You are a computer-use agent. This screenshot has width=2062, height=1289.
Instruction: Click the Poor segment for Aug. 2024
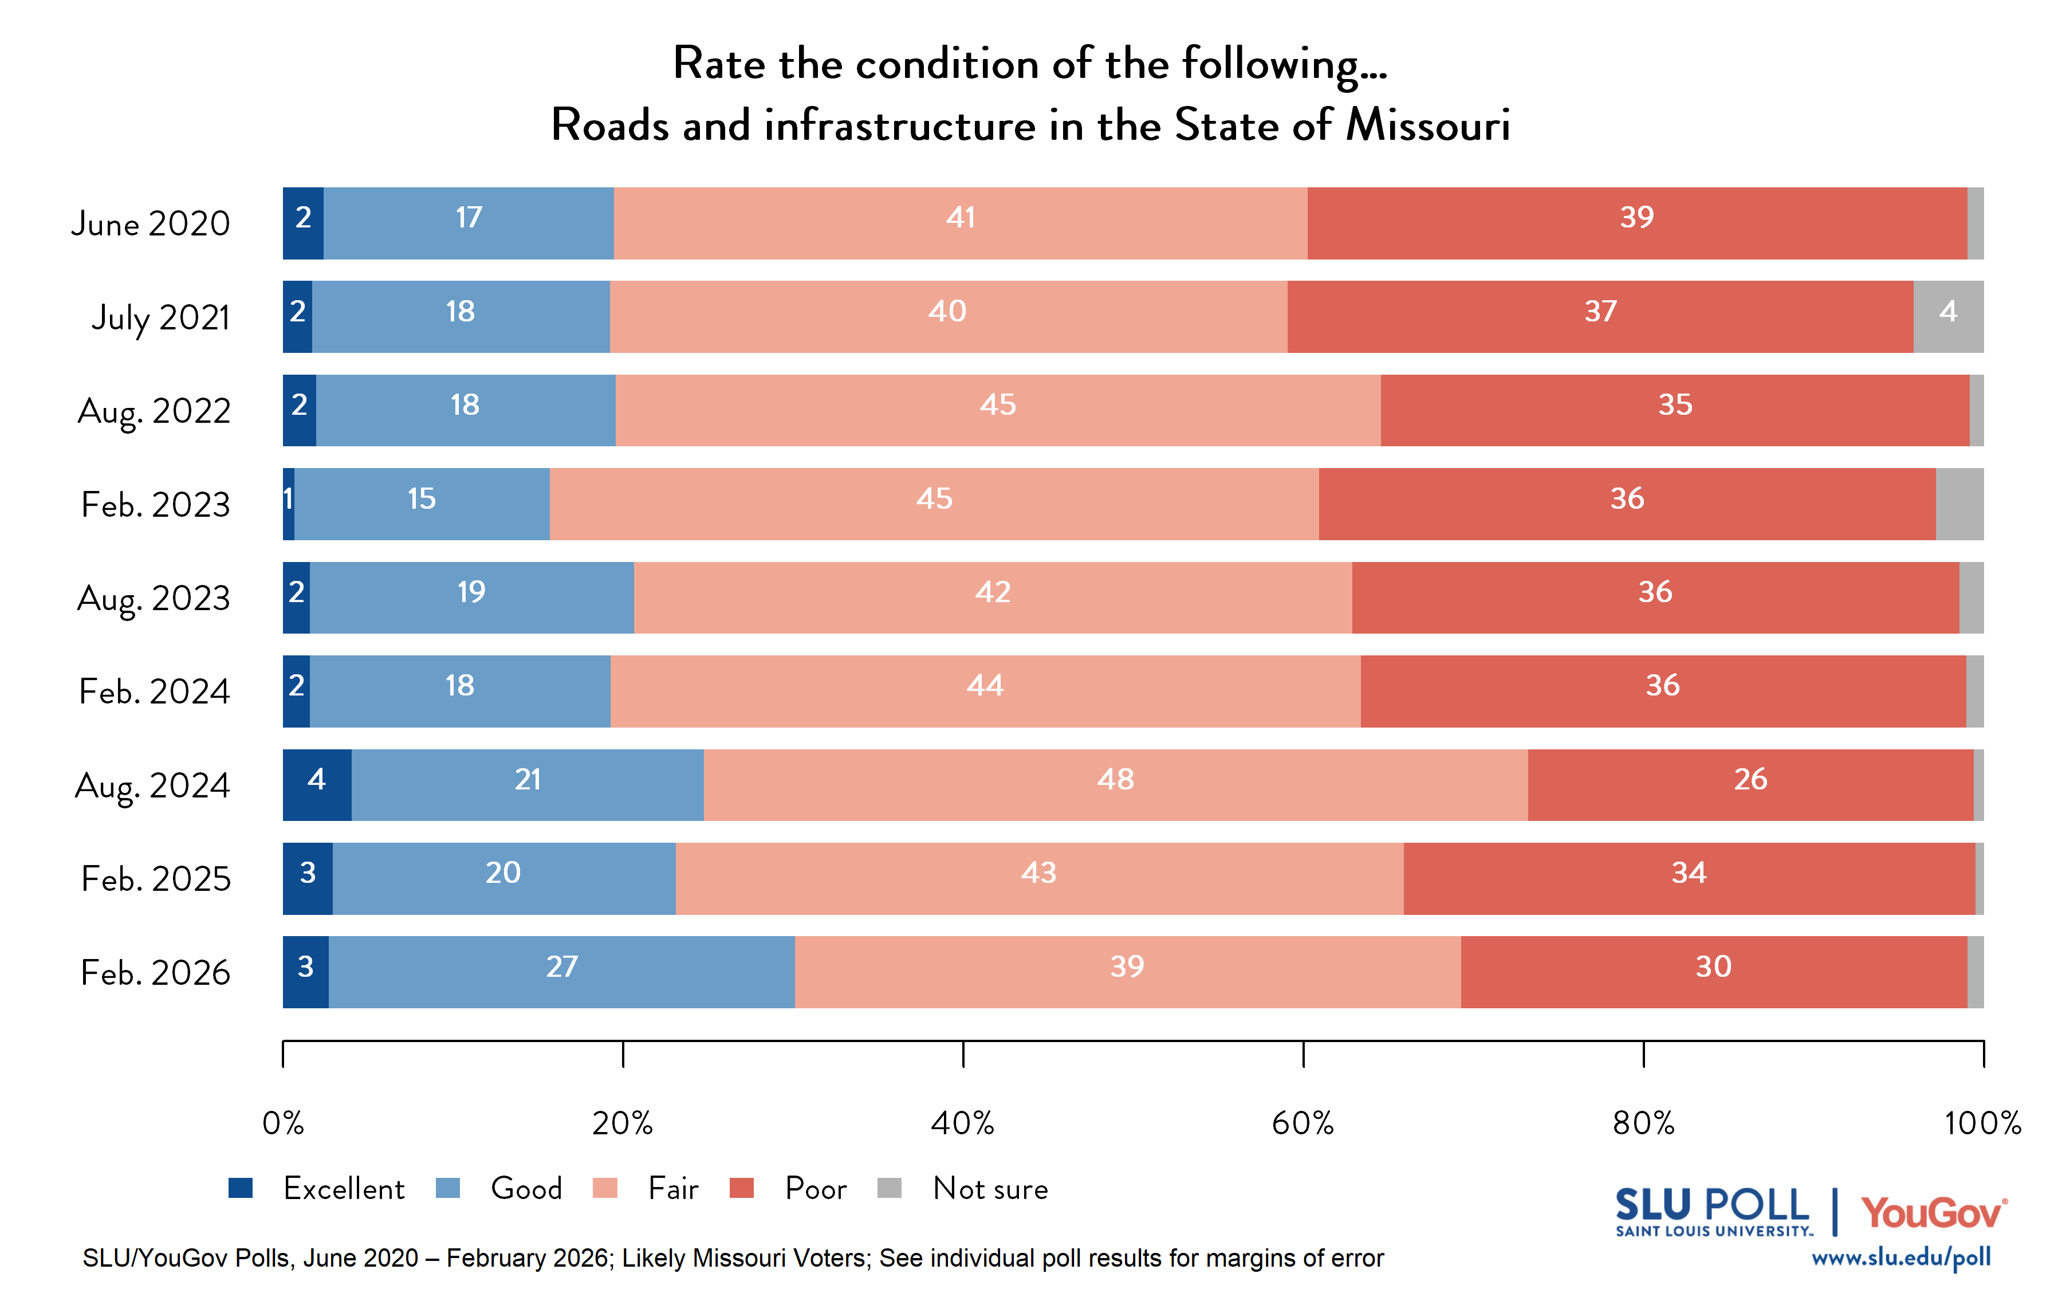(x=1750, y=785)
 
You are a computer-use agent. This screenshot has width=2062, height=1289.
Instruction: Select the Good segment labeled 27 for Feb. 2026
(x=561, y=972)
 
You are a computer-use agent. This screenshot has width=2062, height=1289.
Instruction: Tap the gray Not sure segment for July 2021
(x=1948, y=316)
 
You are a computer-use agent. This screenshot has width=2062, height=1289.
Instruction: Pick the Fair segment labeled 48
(x=1115, y=785)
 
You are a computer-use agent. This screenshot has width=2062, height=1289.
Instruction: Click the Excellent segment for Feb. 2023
(x=289, y=504)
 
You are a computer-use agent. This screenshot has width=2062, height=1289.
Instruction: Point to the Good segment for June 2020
(x=469, y=223)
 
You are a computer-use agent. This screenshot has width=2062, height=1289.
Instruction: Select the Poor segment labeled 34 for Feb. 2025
(x=1689, y=878)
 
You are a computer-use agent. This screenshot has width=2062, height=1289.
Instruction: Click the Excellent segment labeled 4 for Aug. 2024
(x=317, y=785)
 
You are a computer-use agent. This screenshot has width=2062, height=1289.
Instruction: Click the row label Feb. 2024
(x=154, y=691)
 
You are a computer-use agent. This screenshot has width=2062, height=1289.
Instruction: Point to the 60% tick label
(x=1302, y=1123)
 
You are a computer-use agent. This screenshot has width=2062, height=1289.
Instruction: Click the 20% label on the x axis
(x=622, y=1123)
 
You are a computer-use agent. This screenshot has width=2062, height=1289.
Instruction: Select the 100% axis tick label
(x=1982, y=1123)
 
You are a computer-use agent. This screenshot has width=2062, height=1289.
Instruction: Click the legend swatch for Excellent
(x=241, y=1188)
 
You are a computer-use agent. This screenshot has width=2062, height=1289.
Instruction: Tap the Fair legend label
(x=672, y=1188)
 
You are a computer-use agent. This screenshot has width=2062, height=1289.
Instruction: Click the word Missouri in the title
(x=1428, y=125)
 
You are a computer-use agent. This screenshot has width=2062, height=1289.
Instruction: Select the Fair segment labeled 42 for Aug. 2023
(x=993, y=598)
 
